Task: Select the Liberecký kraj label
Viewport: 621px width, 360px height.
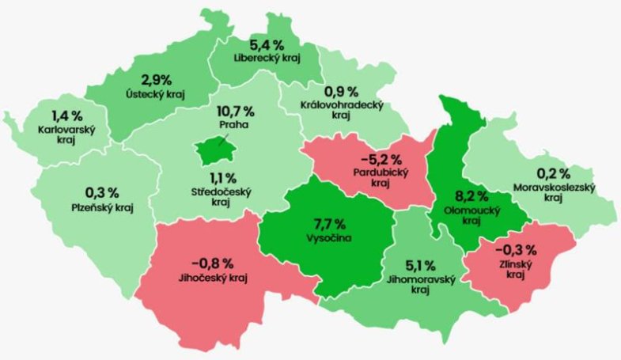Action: (x=265, y=57)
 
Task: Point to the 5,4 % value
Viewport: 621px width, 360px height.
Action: (x=265, y=44)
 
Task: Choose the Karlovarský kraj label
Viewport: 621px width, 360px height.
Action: (x=66, y=133)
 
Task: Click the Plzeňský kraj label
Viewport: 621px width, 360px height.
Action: (x=100, y=207)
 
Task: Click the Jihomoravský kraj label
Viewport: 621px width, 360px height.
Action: (x=419, y=285)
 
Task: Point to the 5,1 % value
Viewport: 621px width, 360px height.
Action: (x=419, y=266)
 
